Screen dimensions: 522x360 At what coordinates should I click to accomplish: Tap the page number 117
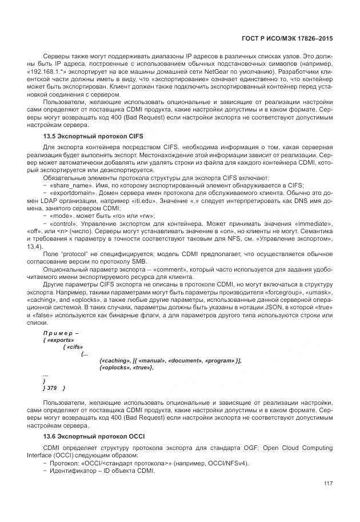327,484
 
